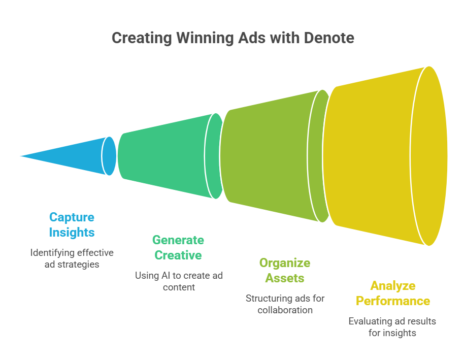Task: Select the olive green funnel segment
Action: click(269, 156)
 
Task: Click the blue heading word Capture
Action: click(72, 217)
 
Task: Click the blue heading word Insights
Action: click(72, 233)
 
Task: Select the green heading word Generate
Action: click(178, 240)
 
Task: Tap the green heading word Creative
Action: click(178, 255)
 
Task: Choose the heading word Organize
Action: click(285, 263)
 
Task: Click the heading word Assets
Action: click(285, 278)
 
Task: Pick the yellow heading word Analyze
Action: click(392, 285)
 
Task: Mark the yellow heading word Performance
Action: click(392, 301)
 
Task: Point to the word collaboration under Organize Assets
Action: click(285, 310)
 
